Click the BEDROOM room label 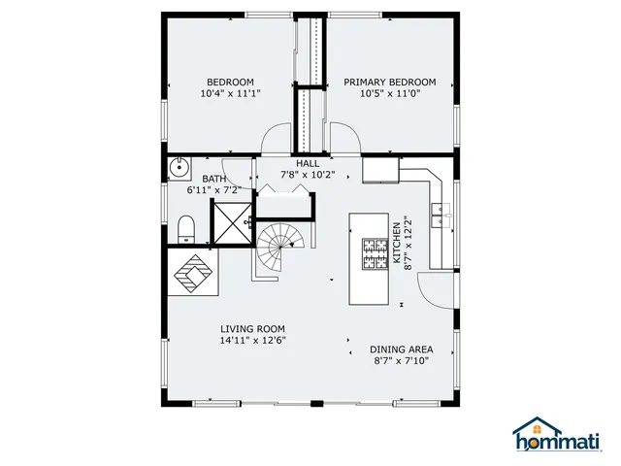pos(230,82)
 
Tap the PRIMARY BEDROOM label pos(389,83)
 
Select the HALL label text pos(308,163)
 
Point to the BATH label pos(213,179)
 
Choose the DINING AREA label pos(401,349)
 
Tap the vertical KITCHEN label pos(396,244)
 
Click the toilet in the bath pos(186,228)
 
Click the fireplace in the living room pos(193,273)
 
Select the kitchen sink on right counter pos(441,215)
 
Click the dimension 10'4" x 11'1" pos(230,94)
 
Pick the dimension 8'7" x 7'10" pos(401,361)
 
